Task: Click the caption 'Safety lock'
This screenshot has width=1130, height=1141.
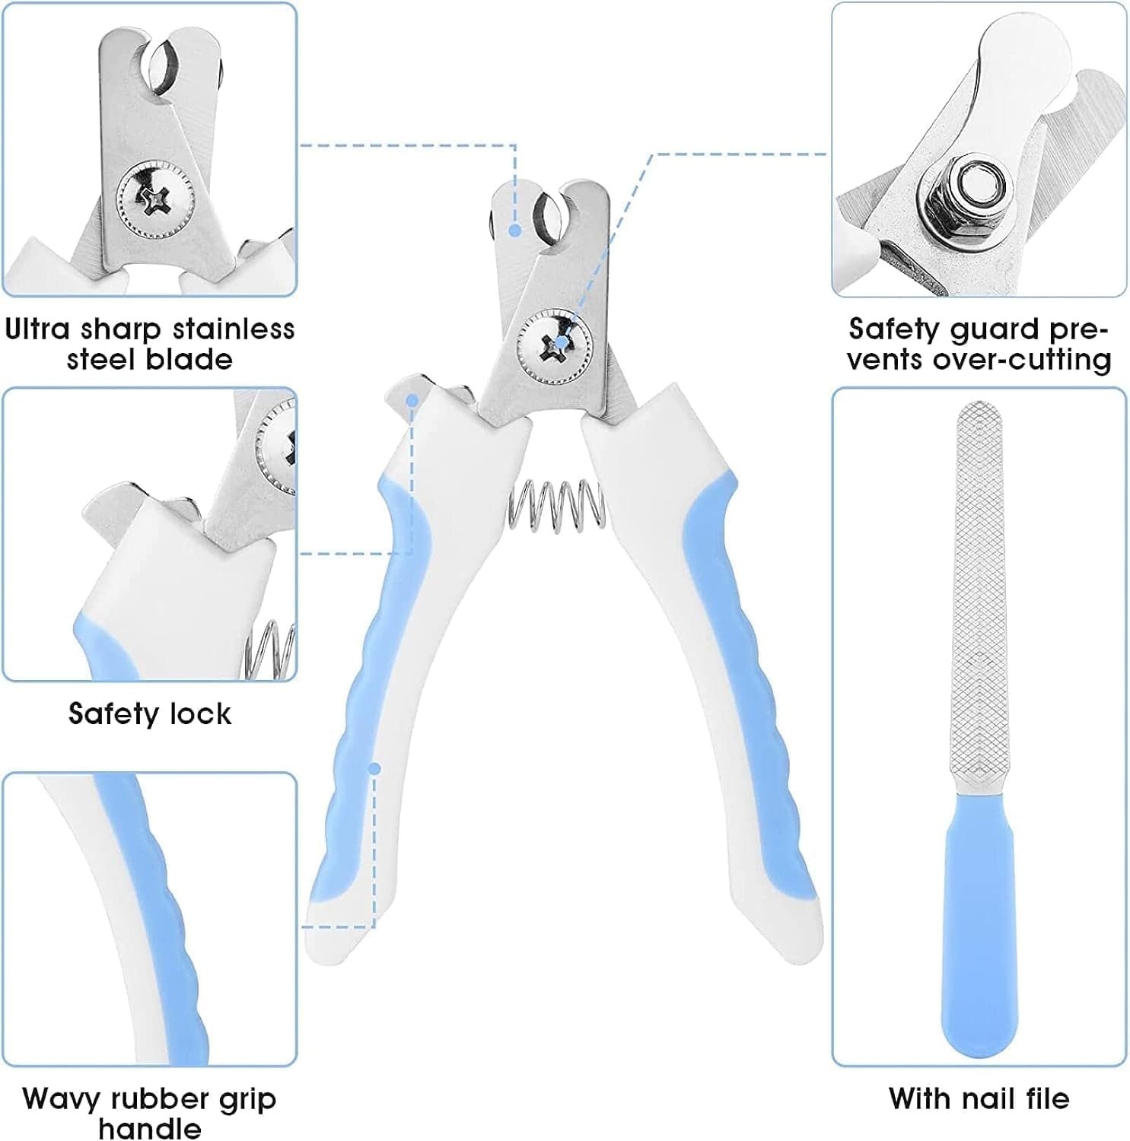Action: [x=150, y=714]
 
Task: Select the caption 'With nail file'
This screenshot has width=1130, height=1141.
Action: [x=979, y=1098]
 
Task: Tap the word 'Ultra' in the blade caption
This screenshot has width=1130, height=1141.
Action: [x=38, y=329]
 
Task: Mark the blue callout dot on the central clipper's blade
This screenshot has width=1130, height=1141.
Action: [x=515, y=230]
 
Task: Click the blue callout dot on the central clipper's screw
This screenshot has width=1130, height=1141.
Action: [x=562, y=342]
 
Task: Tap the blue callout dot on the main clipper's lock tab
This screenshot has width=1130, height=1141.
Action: [x=412, y=399]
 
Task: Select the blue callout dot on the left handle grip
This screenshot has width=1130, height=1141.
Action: [x=374, y=769]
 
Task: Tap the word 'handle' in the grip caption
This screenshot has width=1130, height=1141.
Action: [x=150, y=1128]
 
